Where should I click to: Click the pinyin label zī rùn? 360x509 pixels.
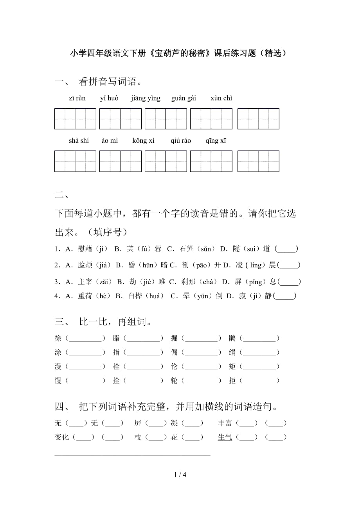[77, 98]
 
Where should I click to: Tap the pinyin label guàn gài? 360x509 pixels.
[184, 98]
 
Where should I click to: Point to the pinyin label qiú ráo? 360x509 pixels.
[181, 141]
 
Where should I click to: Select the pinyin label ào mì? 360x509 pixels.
[110, 141]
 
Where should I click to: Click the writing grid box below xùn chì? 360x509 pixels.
[258, 119]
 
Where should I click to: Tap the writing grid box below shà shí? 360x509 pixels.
[75, 161]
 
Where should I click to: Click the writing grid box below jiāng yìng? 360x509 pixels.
[166, 119]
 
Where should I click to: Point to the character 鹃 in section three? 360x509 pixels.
[232, 339]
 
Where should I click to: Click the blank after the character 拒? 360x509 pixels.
[259, 380]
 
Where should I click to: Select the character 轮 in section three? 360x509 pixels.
[174, 380]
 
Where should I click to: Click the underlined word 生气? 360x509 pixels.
[225, 437]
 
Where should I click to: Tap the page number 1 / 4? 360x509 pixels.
[180, 475]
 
